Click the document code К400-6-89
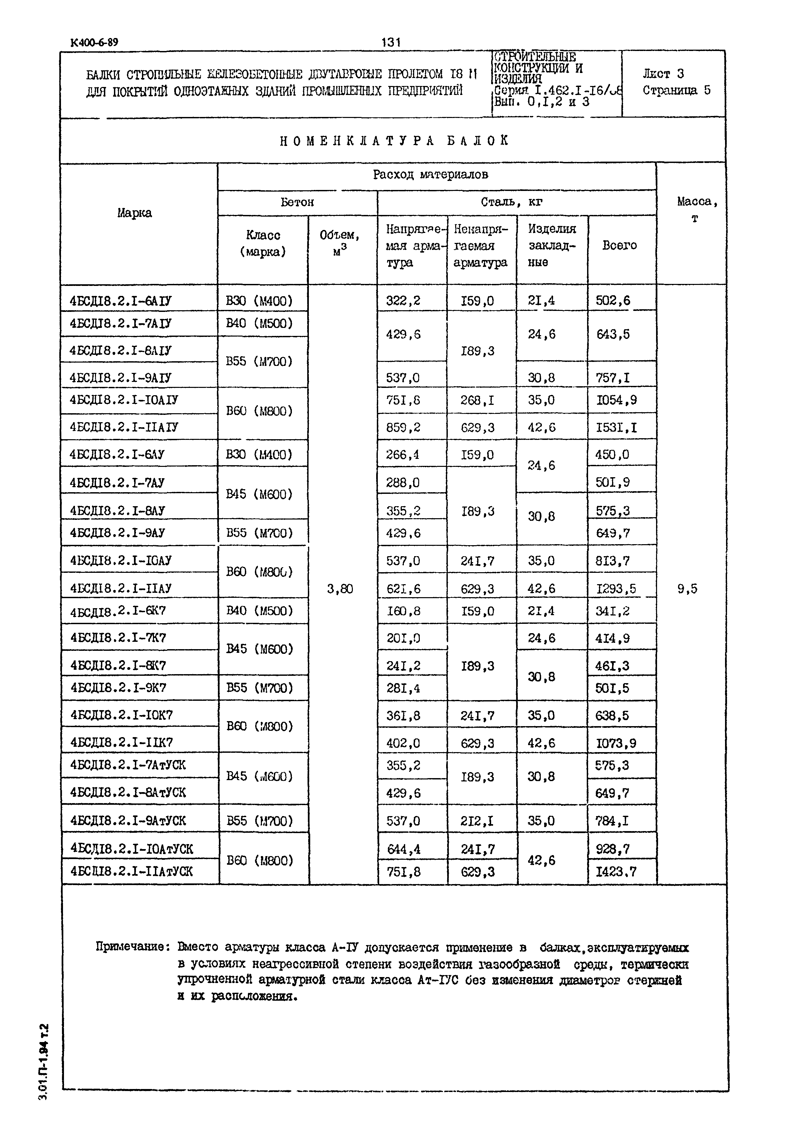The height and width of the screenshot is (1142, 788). pyautogui.click(x=94, y=42)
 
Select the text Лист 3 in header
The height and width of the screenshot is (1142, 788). pyautogui.click(x=663, y=74)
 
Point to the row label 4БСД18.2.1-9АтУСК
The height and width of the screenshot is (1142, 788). pyautogui.click(x=128, y=821)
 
